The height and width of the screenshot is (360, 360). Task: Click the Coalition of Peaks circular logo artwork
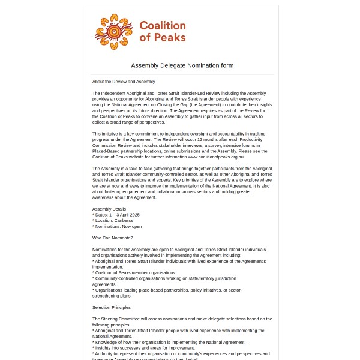[x=113, y=31]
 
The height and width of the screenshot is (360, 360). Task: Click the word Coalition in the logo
[x=163, y=26]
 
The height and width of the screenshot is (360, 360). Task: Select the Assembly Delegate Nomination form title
[x=182, y=65]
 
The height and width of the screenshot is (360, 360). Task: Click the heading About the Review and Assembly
[x=124, y=82]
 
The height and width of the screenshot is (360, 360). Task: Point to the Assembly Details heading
[x=109, y=209]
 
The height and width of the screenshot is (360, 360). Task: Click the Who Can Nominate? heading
[x=113, y=238]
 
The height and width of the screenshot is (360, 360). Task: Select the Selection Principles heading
[x=112, y=307]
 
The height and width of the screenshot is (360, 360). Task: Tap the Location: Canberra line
[x=114, y=220]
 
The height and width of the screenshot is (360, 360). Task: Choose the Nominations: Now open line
[x=118, y=226]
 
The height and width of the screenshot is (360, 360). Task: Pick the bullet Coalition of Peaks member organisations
[x=136, y=272]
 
